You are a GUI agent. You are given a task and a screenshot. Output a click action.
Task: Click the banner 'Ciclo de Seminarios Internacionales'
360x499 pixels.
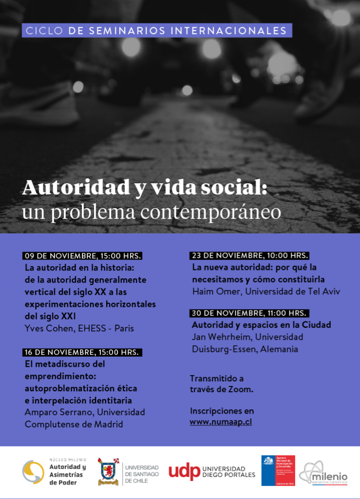(x=156, y=31)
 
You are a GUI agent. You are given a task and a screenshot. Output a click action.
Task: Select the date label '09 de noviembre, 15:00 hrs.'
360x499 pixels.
(x=82, y=256)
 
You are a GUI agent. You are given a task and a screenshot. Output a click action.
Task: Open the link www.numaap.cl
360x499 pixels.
(x=221, y=422)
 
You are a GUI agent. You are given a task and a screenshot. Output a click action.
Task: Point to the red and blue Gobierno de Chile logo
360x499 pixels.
(x=278, y=470)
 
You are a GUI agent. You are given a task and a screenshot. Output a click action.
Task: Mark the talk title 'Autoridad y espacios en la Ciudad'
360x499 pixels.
(x=261, y=325)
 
